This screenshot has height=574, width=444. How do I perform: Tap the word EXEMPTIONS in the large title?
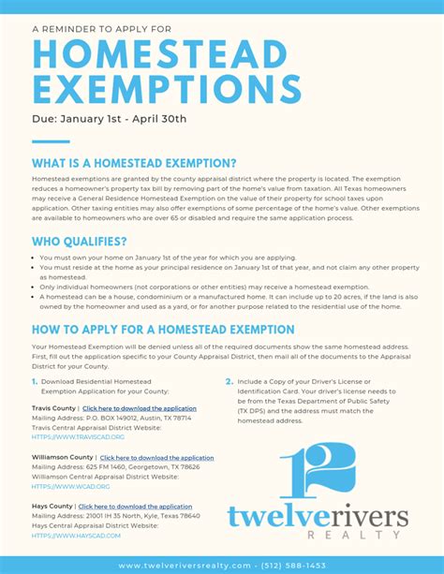(167, 90)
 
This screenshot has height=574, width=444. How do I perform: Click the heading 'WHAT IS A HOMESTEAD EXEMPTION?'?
(134, 163)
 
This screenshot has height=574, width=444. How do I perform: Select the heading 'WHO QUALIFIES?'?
(80, 241)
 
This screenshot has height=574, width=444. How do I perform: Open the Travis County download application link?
(139, 409)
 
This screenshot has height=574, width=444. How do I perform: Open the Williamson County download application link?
(156, 458)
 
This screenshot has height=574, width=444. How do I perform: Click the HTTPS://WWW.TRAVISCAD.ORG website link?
(78, 437)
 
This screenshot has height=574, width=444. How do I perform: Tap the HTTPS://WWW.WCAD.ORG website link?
(70, 486)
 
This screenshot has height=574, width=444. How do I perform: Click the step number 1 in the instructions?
(35, 381)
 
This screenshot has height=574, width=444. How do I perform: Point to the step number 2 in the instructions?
(229, 381)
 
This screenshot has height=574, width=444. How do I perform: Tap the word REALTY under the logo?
(354, 535)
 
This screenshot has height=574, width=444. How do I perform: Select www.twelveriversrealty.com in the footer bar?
(185, 566)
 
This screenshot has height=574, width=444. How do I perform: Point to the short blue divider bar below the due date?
(51, 141)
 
